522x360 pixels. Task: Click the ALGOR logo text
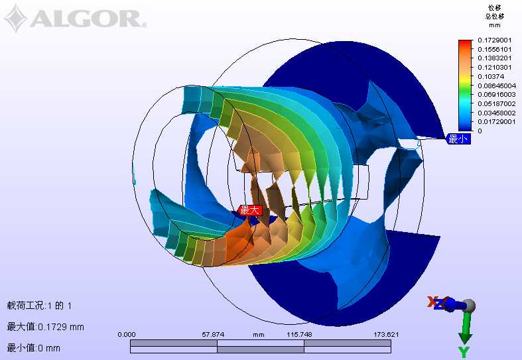pos(88,19)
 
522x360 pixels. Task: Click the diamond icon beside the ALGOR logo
pos(16,19)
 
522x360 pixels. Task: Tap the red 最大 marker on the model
pos(250,210)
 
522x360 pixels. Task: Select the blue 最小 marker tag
pos(458,139)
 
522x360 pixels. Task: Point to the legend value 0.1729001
pos(494,40)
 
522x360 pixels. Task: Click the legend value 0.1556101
pos(494,49)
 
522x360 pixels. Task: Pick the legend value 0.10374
pos(491,76)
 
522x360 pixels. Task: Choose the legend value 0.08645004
pos(497,86)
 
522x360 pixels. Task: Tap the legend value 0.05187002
pos(497,104)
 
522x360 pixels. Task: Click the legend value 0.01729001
pos(497,122)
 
